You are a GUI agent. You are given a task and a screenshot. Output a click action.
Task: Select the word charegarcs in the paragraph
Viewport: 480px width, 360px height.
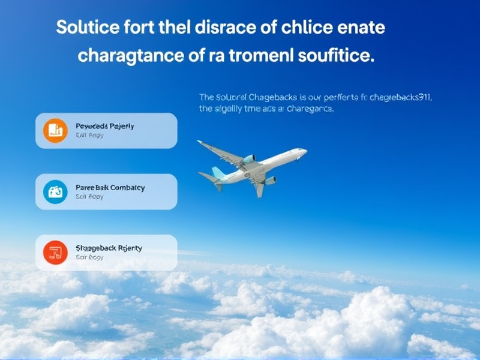tap(310, 110)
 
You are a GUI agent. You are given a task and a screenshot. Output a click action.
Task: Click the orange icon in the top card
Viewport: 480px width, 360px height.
tap(55, 131)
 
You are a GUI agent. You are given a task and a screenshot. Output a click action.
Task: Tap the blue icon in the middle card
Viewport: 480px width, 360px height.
tap(55, 191)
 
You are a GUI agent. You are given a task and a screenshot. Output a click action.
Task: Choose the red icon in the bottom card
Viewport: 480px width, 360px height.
tap(55, 252)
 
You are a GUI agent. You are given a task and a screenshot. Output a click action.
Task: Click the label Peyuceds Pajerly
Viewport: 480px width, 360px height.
tap(105, 126)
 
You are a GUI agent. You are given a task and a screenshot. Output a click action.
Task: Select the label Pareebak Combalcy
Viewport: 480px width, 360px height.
tap(110, 187)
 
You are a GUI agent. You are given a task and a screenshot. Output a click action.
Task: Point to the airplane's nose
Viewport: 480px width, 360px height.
tap(305, 152)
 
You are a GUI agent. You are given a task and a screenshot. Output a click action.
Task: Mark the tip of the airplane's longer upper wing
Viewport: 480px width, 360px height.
tap(199, 142)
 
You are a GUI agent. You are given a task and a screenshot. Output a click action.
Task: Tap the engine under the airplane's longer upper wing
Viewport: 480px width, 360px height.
tap(248, 160)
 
